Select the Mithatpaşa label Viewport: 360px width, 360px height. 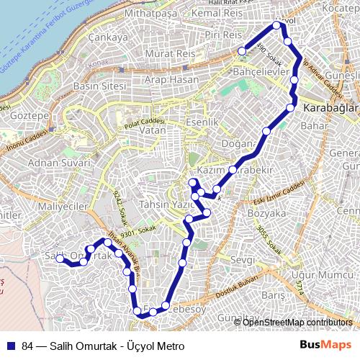150,14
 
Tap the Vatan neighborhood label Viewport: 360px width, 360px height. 153,132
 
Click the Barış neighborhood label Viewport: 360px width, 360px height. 274,295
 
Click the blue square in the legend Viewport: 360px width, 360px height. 12,346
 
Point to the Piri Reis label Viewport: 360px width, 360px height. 222,35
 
